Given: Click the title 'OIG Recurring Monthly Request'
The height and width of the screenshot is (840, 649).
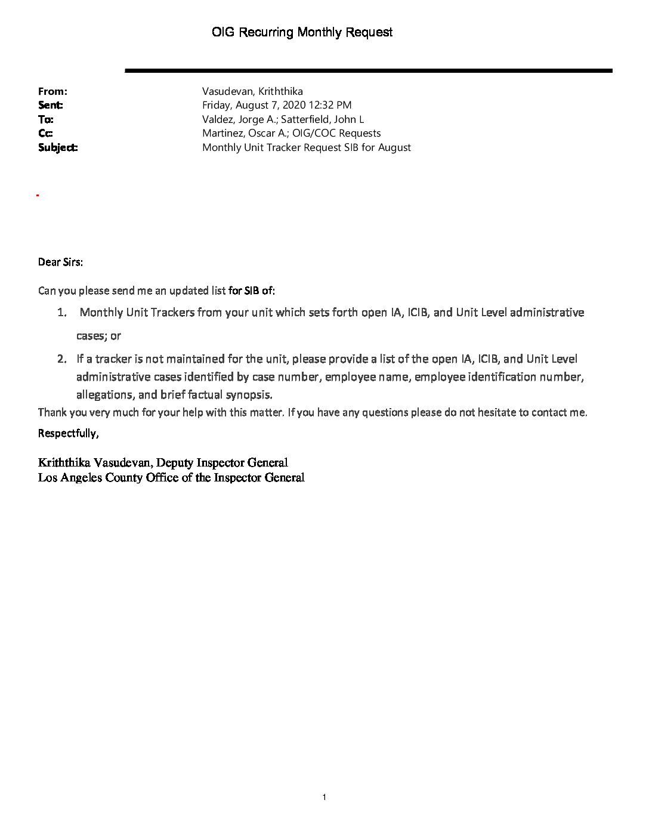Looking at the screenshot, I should (x=302, y=32).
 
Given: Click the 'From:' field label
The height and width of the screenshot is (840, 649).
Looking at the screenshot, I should (x=52, y=91).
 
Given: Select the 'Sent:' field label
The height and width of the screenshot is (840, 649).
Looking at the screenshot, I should (x=51, y=105).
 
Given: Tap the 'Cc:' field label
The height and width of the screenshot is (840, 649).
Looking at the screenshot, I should (x=45, y=133).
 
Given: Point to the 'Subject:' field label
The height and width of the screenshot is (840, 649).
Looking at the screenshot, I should (x=58, y=147).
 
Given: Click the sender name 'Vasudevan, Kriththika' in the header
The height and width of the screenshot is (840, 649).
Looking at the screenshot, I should (x=252, y=91).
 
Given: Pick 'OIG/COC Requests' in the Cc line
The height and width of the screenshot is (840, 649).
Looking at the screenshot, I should (x=336, y=133).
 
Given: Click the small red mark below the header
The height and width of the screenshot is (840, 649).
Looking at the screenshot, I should (x=38, y=195).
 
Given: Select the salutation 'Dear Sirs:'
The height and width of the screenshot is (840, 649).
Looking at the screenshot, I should (x=61, y=262).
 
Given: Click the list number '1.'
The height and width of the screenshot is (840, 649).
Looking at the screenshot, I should (x=62, y=313).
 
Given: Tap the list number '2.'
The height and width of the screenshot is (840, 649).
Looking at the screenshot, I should (x=62, y=359).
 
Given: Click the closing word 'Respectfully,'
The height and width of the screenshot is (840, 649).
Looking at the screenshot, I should (x=69, y=433).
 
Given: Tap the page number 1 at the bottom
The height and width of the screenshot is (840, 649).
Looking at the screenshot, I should (x=324, y=798).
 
